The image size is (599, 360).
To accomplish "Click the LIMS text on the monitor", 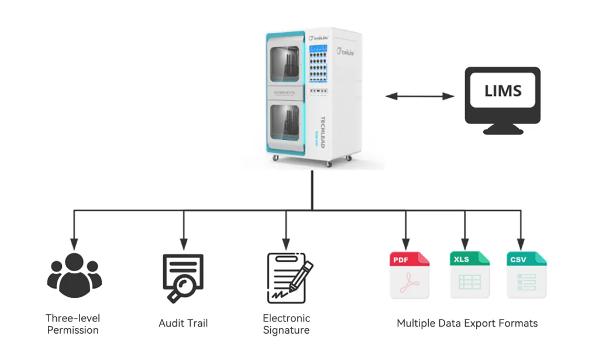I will click(502, 91).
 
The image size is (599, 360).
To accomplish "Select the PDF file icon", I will click(409, 275).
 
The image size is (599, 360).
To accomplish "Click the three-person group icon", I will click(73, 275).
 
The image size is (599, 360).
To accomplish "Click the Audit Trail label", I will click(183, 323).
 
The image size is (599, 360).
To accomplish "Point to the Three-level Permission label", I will click(73, 324).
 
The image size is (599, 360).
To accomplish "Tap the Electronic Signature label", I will click(286, 324).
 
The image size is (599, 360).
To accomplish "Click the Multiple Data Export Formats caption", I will click(467, 323).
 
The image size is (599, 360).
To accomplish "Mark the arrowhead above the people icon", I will click(73, 242).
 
